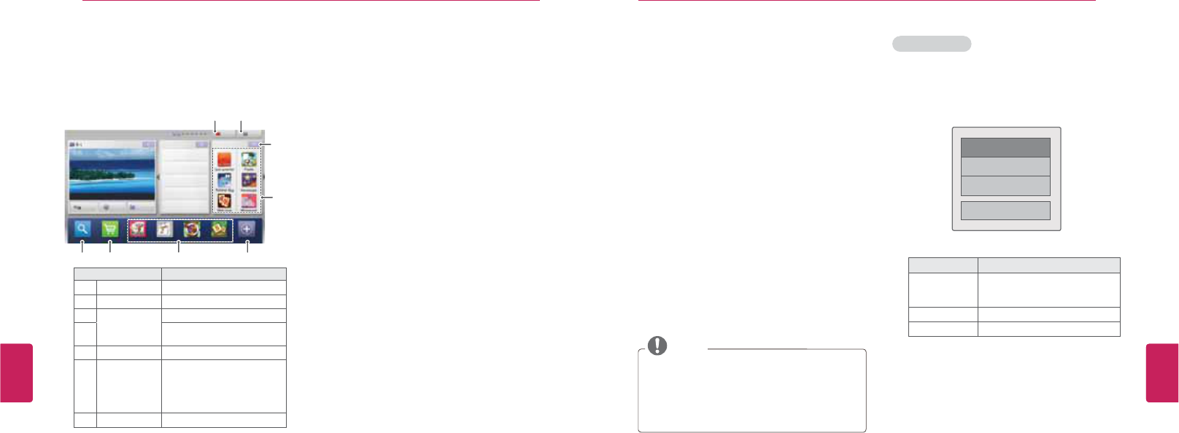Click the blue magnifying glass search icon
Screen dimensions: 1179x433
(82, 229)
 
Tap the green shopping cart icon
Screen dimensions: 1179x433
(110, 229)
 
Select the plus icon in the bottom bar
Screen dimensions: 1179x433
(247, 229)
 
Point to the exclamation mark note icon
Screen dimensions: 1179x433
(657, 346)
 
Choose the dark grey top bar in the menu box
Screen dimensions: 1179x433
(1005, 147)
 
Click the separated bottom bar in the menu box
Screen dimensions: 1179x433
(1005, 211)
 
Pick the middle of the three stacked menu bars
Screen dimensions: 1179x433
(1005, 166)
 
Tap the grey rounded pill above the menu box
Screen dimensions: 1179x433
(932, 44)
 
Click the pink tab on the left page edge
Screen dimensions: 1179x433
(16, 372)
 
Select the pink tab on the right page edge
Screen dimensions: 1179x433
(1162, 372)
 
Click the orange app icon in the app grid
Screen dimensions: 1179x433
(225, 160)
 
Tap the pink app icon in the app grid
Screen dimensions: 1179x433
(249, 201)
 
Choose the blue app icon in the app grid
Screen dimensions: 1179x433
(225, 181)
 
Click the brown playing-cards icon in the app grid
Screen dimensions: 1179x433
(225, 201)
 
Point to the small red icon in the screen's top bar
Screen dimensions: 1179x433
(218, 134)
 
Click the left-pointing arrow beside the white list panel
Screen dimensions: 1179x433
(158, 177)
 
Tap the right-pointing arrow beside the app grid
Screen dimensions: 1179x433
(263, 177)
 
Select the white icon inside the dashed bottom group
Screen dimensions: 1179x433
(165, 229)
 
